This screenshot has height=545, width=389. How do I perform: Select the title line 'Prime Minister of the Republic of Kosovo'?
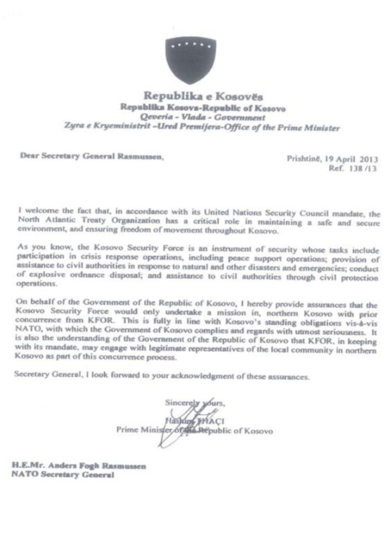[x=194, y=430]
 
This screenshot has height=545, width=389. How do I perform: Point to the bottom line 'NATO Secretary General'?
[x=62, y=474]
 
